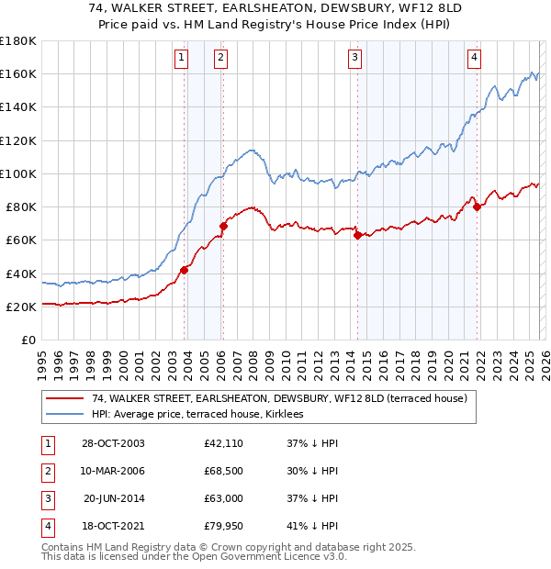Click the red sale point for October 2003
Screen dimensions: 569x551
tap(185, 269)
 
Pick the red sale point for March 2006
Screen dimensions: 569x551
tap(223, 226)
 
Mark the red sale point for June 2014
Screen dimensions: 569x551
tap(357, 235)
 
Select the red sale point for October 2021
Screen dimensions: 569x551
tap(477, 206)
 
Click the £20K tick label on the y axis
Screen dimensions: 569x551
tap(20, 307)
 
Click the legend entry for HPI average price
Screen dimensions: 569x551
tap(203, 415)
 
